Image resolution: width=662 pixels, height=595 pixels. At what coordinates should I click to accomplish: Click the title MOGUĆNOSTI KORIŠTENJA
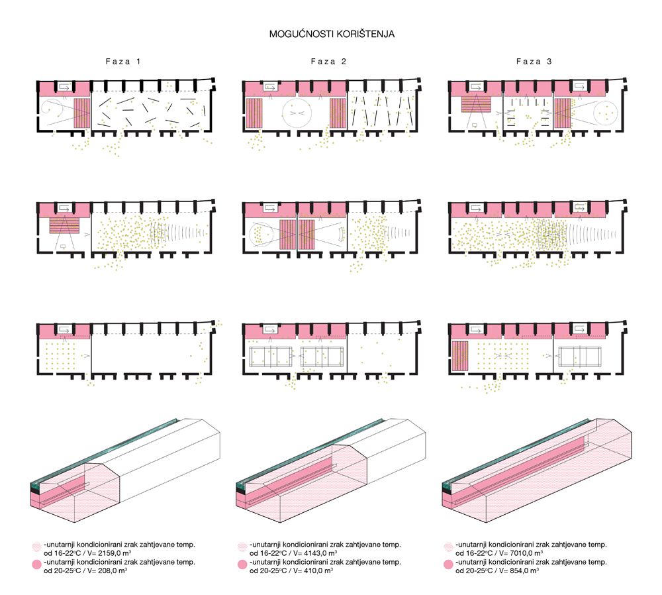point(332,34)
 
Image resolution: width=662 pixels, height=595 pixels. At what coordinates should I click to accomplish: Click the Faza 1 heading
point(123,61)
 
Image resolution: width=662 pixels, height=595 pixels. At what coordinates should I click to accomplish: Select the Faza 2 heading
point(328,61)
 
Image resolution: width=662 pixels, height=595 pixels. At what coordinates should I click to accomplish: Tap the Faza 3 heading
point(534,61)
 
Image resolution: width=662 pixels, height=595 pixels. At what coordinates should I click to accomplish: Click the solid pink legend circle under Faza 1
point(36,565)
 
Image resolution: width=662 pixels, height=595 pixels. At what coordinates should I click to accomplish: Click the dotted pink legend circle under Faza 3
point(448,547)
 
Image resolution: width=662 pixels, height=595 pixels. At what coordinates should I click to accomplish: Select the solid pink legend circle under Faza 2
point(242,565)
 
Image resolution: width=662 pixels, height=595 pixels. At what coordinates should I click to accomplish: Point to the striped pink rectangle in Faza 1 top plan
point(82,113)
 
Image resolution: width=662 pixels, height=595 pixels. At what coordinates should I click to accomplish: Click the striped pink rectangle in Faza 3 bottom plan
point(460,356)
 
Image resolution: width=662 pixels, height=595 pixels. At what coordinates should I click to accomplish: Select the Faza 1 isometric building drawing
point(126,470)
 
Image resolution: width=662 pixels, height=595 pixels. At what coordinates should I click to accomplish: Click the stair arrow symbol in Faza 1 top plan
point(65,87)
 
